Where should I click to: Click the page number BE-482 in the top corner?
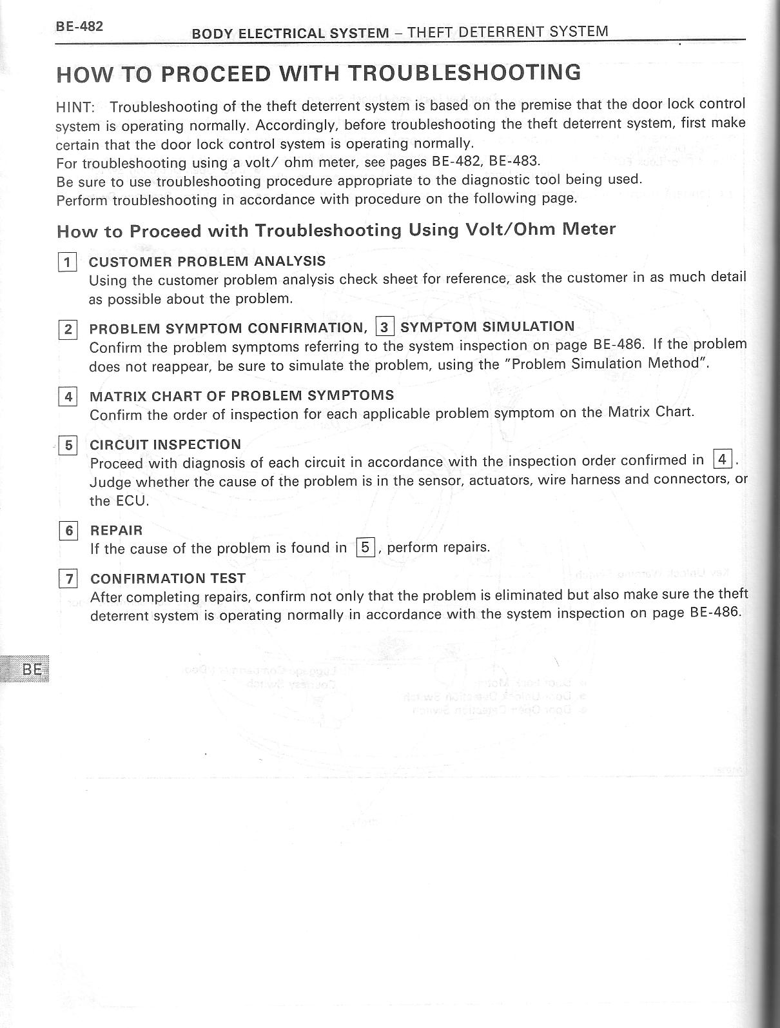coord(79,26)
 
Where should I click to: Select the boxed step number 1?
coord(67,262)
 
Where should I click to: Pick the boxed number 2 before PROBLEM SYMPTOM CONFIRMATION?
coord(68,330)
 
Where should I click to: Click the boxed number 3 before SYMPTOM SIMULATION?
coord(384,327)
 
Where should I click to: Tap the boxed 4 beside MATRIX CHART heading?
coord(68,396)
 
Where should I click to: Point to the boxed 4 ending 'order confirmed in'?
coord(723,459)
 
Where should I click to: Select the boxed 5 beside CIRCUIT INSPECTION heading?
coord(68,445)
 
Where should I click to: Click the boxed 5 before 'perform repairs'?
coord(365,548)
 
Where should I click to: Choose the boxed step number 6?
coord(68,531)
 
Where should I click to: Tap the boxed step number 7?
coord(68,578)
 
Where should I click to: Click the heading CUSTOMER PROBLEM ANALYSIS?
coord(207,261)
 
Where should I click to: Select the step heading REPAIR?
coord(116,530)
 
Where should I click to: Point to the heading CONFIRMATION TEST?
coord(168,578)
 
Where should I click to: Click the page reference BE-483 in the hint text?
coord(514,161)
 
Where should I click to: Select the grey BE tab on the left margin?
coord(28,669)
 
